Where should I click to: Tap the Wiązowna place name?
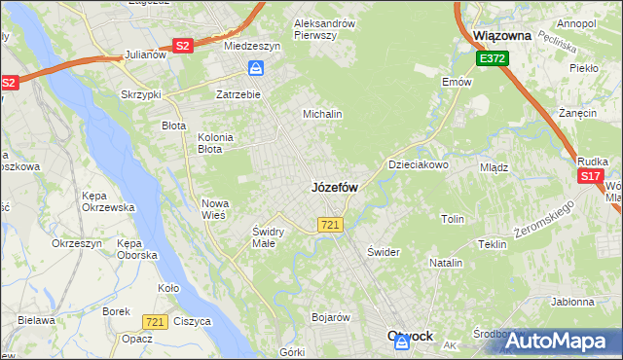[501, 35]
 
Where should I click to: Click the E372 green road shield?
[491, 60]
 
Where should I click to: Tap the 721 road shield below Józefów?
[329, 225]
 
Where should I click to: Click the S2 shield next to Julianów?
[181, 46]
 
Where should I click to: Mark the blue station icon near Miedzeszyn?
[256, 68]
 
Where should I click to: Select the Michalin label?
[323, 114]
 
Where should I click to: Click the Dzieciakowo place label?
[419, 164]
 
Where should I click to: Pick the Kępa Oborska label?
[136, 248]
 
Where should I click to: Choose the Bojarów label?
[330, 317]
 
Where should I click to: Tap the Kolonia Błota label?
[215, 143]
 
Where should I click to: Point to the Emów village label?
[456, 83]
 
